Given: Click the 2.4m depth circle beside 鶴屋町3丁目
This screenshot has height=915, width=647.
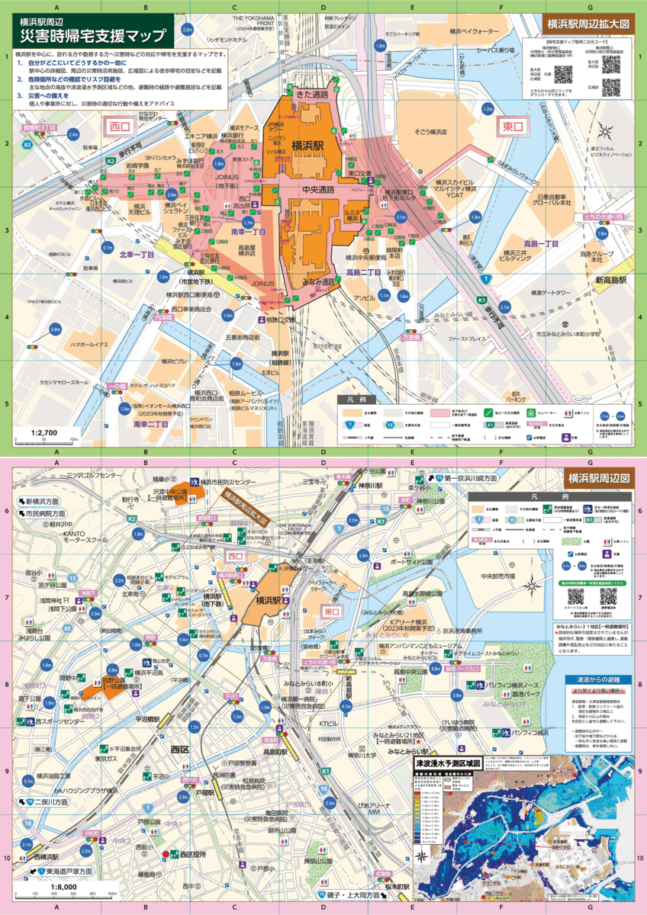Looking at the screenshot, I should (73, 134).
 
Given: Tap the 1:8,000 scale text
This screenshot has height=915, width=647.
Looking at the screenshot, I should (64, 887).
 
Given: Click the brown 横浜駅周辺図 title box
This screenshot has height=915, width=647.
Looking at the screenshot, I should (598, 478).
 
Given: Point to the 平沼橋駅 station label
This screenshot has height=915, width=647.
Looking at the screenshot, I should (147, 718).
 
